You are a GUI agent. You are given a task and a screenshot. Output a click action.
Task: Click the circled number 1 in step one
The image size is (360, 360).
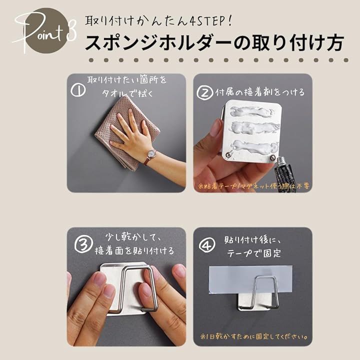coord(78,90)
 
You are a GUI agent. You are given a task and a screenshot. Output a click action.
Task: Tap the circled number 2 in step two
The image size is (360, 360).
coord(205,92)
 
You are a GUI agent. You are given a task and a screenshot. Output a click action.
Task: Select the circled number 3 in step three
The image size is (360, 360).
coord(83,244)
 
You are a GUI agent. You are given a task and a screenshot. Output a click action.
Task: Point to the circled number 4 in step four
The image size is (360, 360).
coord(207,244)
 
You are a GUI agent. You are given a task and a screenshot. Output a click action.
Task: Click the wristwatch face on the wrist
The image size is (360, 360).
coord(152,153)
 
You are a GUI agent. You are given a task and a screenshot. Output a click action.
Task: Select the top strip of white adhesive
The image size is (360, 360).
coord(252,111)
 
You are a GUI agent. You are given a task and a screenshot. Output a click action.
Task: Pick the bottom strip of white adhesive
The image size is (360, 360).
coord(255,146)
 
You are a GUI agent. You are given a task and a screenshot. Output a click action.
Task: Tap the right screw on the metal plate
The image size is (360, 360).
coord(273,157)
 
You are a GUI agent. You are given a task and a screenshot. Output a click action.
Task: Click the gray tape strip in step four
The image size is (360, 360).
coord(250,279)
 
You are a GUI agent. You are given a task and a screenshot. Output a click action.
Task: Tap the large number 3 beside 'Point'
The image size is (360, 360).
coord(71,33)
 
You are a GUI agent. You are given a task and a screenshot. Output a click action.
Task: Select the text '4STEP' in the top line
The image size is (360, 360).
coord(208,21)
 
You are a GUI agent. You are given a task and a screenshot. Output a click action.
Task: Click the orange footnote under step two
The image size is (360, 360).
coord(253,186)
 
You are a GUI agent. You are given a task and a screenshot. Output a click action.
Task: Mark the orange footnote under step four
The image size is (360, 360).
coord(253,336)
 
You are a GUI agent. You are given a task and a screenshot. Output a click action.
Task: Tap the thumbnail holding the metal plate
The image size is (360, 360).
coord(215,128)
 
